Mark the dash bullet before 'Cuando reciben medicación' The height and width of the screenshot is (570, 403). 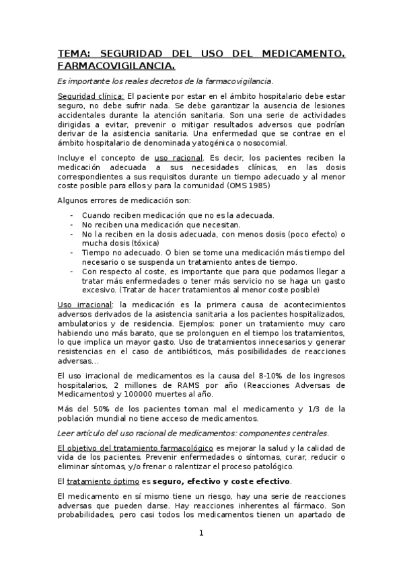pyautogui.click(x=72, y=215)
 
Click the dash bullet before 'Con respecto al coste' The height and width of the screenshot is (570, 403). pyautogui.click(x=72, y=272)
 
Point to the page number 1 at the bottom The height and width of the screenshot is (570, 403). pyautogui.click(x=200, y=534)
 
